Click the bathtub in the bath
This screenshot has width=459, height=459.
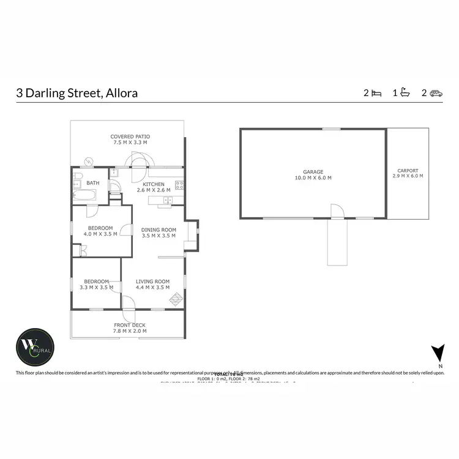pyautogui.click(x=84, y=196)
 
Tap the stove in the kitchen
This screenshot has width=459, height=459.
pyautogui.click(x=179, y=185)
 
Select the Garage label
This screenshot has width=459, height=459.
pyautogui.click(x=313, y=172)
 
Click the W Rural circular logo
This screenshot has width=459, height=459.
pyautogui.click(x=35, y=346)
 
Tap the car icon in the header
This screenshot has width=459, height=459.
pyautogui.click(x=436, y=93)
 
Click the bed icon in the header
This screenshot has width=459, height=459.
pyautogui.click(x=376, y=93)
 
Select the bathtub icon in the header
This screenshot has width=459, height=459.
pyautogui.click(x=405, y=93)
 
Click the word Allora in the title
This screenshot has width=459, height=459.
pyautogui.click(x=122, y=93)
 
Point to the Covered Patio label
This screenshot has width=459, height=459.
pyautogui.click(x=130, y=136)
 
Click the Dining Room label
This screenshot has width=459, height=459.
pyautogui.click(x=159, y=229)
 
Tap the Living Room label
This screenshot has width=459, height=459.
pyautogui.click(x=152, y=282)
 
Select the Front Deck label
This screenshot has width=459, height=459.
pyautogui.click(x=130, y=326)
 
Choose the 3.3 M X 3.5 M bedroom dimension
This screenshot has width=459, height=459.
pyautogui.click(x=96, y=287)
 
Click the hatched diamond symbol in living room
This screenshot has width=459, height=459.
pyautogui.click(x=176, y=299)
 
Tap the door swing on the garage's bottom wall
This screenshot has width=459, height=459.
pyautogui.click(x=337, y=212)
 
